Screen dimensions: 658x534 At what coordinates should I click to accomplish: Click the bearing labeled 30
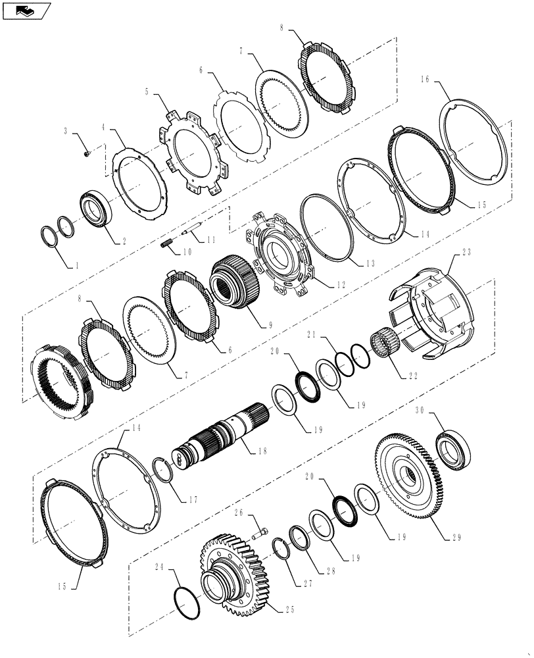pos(452,451)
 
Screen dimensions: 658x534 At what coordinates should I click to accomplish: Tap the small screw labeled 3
pos(87,154)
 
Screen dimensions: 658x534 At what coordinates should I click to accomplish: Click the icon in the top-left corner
pos(26,11)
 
